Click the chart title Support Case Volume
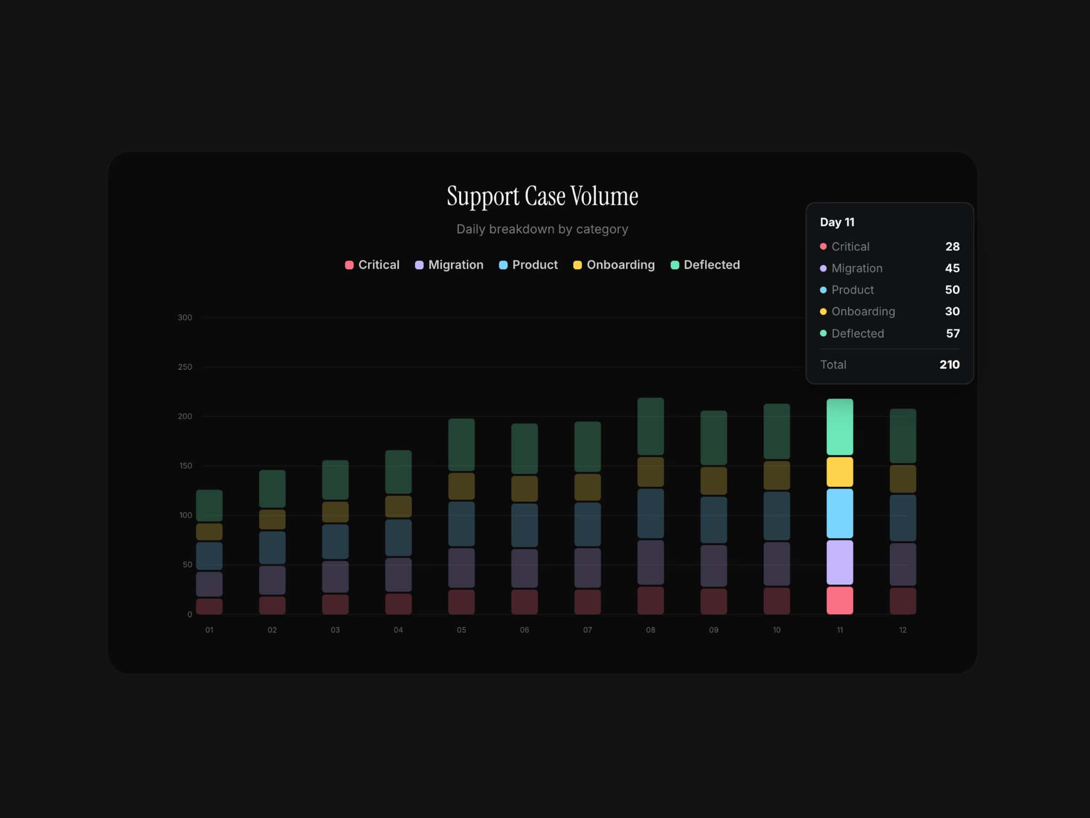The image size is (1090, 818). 542,196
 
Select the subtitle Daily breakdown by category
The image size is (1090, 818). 542,229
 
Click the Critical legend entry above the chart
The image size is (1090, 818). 372,265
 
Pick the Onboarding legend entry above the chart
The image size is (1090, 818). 614,265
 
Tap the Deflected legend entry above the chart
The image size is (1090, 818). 705,265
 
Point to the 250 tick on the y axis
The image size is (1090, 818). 185,367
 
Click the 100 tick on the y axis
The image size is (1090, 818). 185,515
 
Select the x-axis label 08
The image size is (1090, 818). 650,630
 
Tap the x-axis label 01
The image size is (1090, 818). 209,630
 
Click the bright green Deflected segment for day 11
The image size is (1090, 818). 840,427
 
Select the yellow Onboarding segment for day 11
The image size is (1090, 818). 840,472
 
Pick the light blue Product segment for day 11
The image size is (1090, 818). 840,513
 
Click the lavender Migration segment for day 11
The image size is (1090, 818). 840,562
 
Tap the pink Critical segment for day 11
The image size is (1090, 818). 840,600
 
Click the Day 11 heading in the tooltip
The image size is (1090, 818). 837,222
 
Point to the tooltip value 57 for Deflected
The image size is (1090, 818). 953,333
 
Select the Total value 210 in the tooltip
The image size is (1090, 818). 949,364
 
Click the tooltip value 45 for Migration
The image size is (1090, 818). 952,268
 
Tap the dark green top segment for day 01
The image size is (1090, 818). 209,505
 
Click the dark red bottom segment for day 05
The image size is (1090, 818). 461,602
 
